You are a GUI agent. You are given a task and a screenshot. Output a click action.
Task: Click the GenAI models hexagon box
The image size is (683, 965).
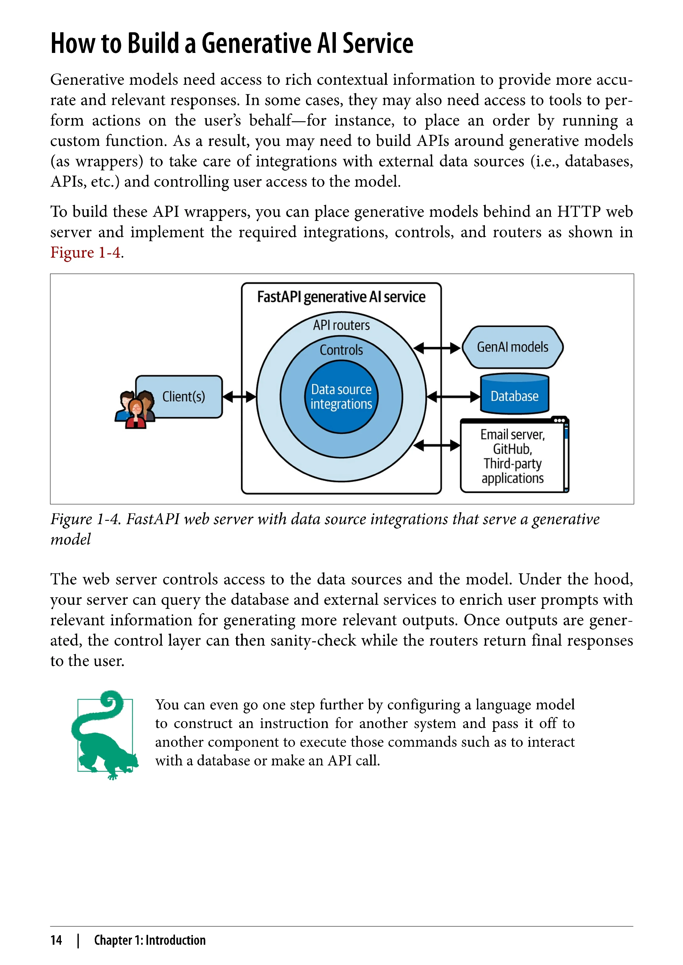512,347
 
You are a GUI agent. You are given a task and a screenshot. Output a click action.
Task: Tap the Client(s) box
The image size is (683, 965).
184,396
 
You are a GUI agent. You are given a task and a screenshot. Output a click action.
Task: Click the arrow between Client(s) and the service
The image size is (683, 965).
239,396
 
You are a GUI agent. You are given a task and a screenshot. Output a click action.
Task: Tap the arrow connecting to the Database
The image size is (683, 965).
453,396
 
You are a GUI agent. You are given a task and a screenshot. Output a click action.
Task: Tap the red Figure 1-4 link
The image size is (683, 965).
85,253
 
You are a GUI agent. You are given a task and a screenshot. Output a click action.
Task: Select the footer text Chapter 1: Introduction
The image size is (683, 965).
150,940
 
